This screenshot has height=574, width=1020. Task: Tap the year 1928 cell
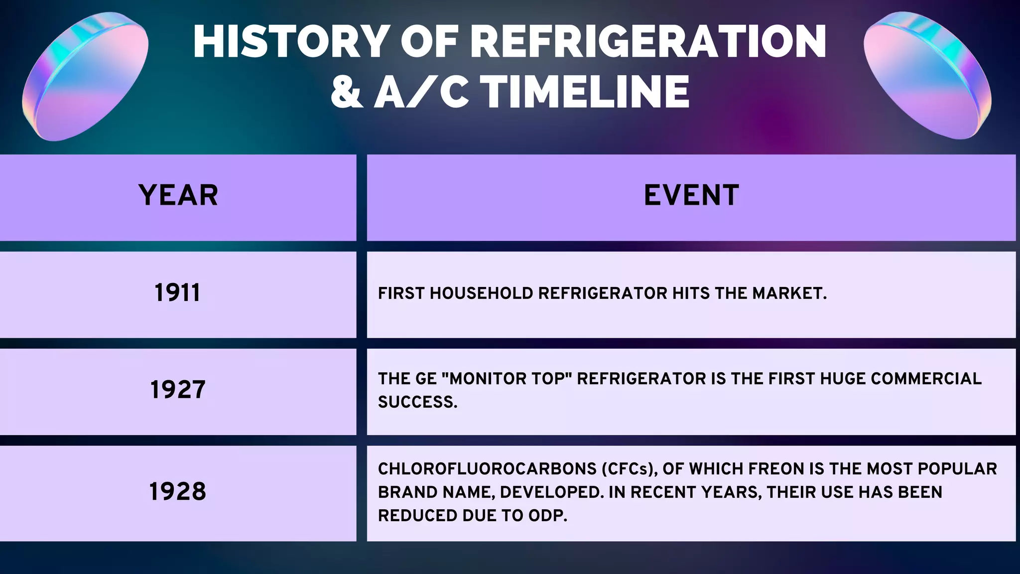coord(178,492)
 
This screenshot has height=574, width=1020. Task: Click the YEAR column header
coord(178,195)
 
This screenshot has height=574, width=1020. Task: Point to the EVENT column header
coord(691,195)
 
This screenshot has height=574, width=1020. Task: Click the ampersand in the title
coord(347,92)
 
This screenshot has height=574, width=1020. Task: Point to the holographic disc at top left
coord(85,77)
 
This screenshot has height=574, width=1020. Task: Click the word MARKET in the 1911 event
coord(789,293)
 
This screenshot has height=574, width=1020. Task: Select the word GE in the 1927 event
coord(426,379)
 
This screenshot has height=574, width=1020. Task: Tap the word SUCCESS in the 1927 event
coord(417,402)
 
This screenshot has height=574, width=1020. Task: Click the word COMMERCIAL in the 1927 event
coord(926,379)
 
